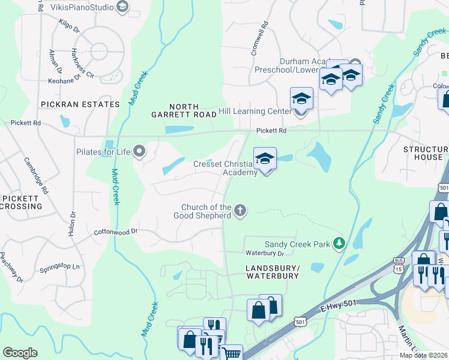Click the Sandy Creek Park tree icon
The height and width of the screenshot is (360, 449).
(x=340, y=243)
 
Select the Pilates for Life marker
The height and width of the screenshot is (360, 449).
(x=140, y=151)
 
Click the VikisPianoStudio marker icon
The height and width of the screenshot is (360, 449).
(x=122, y=7)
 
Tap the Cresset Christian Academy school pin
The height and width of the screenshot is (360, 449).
(x=265, y=160)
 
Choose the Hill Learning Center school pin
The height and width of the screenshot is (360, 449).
(x=301, y=100)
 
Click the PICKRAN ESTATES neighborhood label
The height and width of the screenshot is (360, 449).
(x=80, y=104)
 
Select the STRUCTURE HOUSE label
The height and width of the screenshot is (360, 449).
(x=423, y=153)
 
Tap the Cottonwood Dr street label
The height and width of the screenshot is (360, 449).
(x=116, y=231)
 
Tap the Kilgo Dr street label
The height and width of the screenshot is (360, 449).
(x=69, y=25)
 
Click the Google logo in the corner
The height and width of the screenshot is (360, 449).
(x=20, y=352)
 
